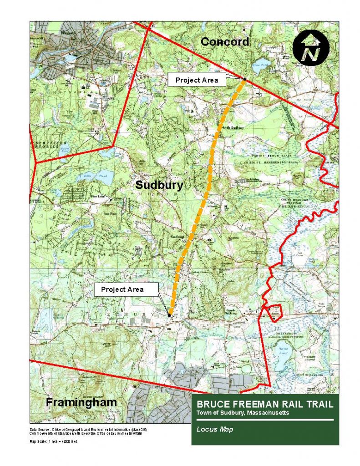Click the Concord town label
(x=225, y=42)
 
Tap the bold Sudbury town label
(x=159, y=185)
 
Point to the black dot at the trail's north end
(x=244, y=79)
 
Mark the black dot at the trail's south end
(x=169, y=315)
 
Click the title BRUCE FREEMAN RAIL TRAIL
(x=265, y=404)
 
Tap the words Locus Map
(x=214, y=429)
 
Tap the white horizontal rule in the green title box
(x=265, y=420)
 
